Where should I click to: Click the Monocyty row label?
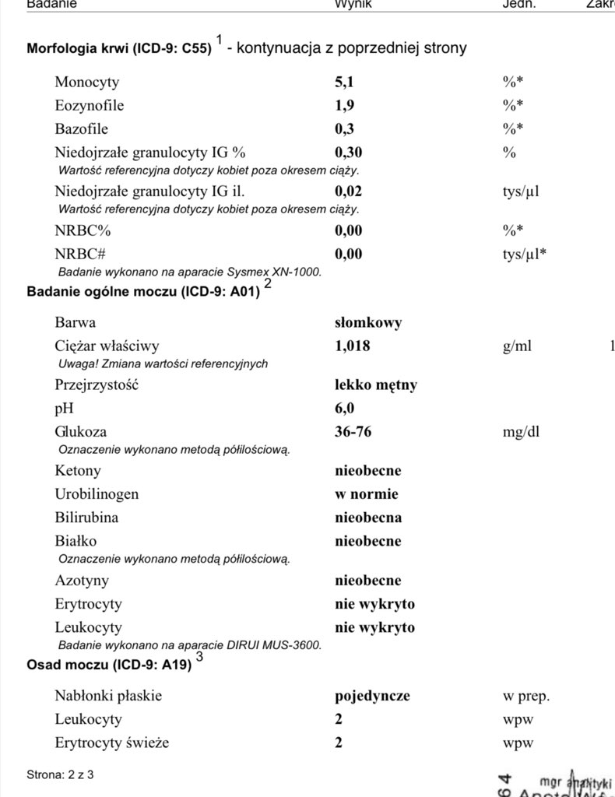click(86, 82)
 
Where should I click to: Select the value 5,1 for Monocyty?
click(344, 82)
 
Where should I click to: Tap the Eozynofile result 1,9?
click(344, 105)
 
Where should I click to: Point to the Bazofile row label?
click(81, 128)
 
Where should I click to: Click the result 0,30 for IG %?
click(348, 152)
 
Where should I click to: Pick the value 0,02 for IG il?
click(348, 191)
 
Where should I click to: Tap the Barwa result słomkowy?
click(368, 322)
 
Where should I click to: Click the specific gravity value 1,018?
click(352, 346)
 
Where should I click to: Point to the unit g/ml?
click(517, 346)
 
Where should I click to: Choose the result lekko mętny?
click(376, 384)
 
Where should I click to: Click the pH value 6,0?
click(344, 408)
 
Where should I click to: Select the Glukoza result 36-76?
click(353, 431)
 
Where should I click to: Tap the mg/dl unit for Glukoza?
click(521, 431)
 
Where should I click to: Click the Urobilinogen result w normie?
click(366, 493)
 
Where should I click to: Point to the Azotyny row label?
click(82, 580)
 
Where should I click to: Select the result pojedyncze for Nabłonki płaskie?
click(372, 696)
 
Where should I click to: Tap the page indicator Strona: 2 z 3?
click(60, 774)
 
